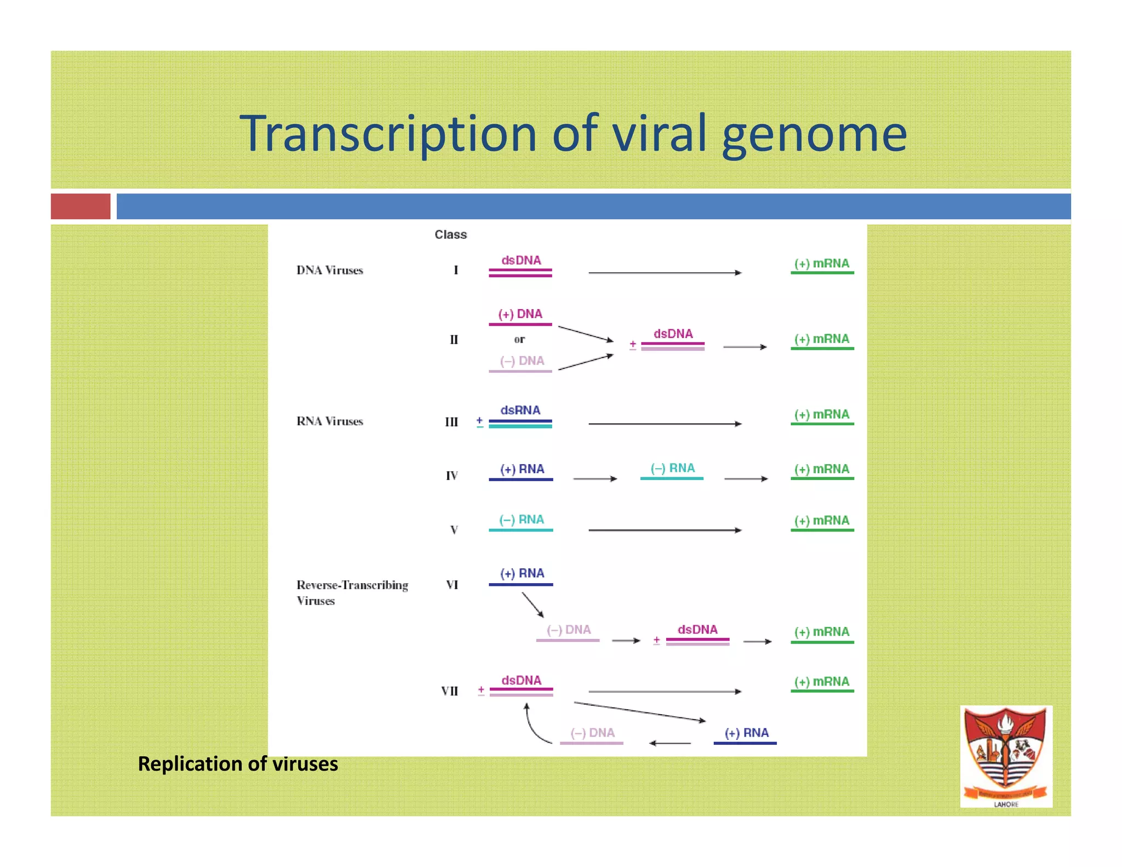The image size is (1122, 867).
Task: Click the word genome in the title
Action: [x=814, y=134]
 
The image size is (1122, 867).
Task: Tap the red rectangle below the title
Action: [x=81, y=206]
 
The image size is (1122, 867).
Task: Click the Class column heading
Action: [x=450, y=235]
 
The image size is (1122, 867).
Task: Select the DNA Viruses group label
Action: [x=329, y=270]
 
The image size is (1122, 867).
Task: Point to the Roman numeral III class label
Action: [x=451, y=422]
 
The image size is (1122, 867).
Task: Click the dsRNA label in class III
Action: [x=520, y=410]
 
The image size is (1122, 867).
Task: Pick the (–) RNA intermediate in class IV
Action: [x=672, y=469]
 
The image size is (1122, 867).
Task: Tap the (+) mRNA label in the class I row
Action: [x=822, y=264]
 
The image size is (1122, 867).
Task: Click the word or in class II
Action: [x=519, y=339]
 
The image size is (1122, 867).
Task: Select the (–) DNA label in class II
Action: [x=522, y=361]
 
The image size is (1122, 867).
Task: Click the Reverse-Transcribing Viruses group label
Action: [x=352, y=592]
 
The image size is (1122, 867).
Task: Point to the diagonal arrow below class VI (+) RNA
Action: [x=533, y=605]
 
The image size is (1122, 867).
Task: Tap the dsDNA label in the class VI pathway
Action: [x=697, y=630]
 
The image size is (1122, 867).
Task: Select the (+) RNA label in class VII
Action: [x=746, y=733]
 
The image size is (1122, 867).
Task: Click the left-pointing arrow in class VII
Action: [x=669, y=743]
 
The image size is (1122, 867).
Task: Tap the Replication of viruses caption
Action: [x=238, y=763]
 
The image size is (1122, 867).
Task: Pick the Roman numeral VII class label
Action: [x=449, y=691]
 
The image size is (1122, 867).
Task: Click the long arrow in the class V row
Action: [x=665, y=530]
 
